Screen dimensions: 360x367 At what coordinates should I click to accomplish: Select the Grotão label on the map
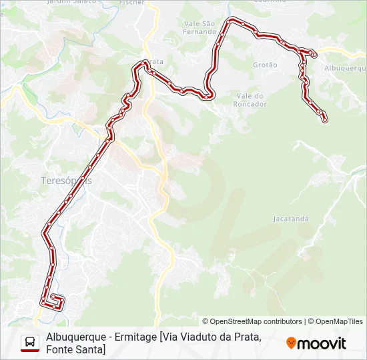tap(265, 65)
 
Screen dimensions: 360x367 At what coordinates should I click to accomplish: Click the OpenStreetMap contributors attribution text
tap(252, 321)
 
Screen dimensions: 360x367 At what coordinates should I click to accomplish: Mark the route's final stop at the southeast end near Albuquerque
tap(325, 120)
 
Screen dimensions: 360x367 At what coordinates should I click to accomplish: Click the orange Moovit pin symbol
tap(291, 343)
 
